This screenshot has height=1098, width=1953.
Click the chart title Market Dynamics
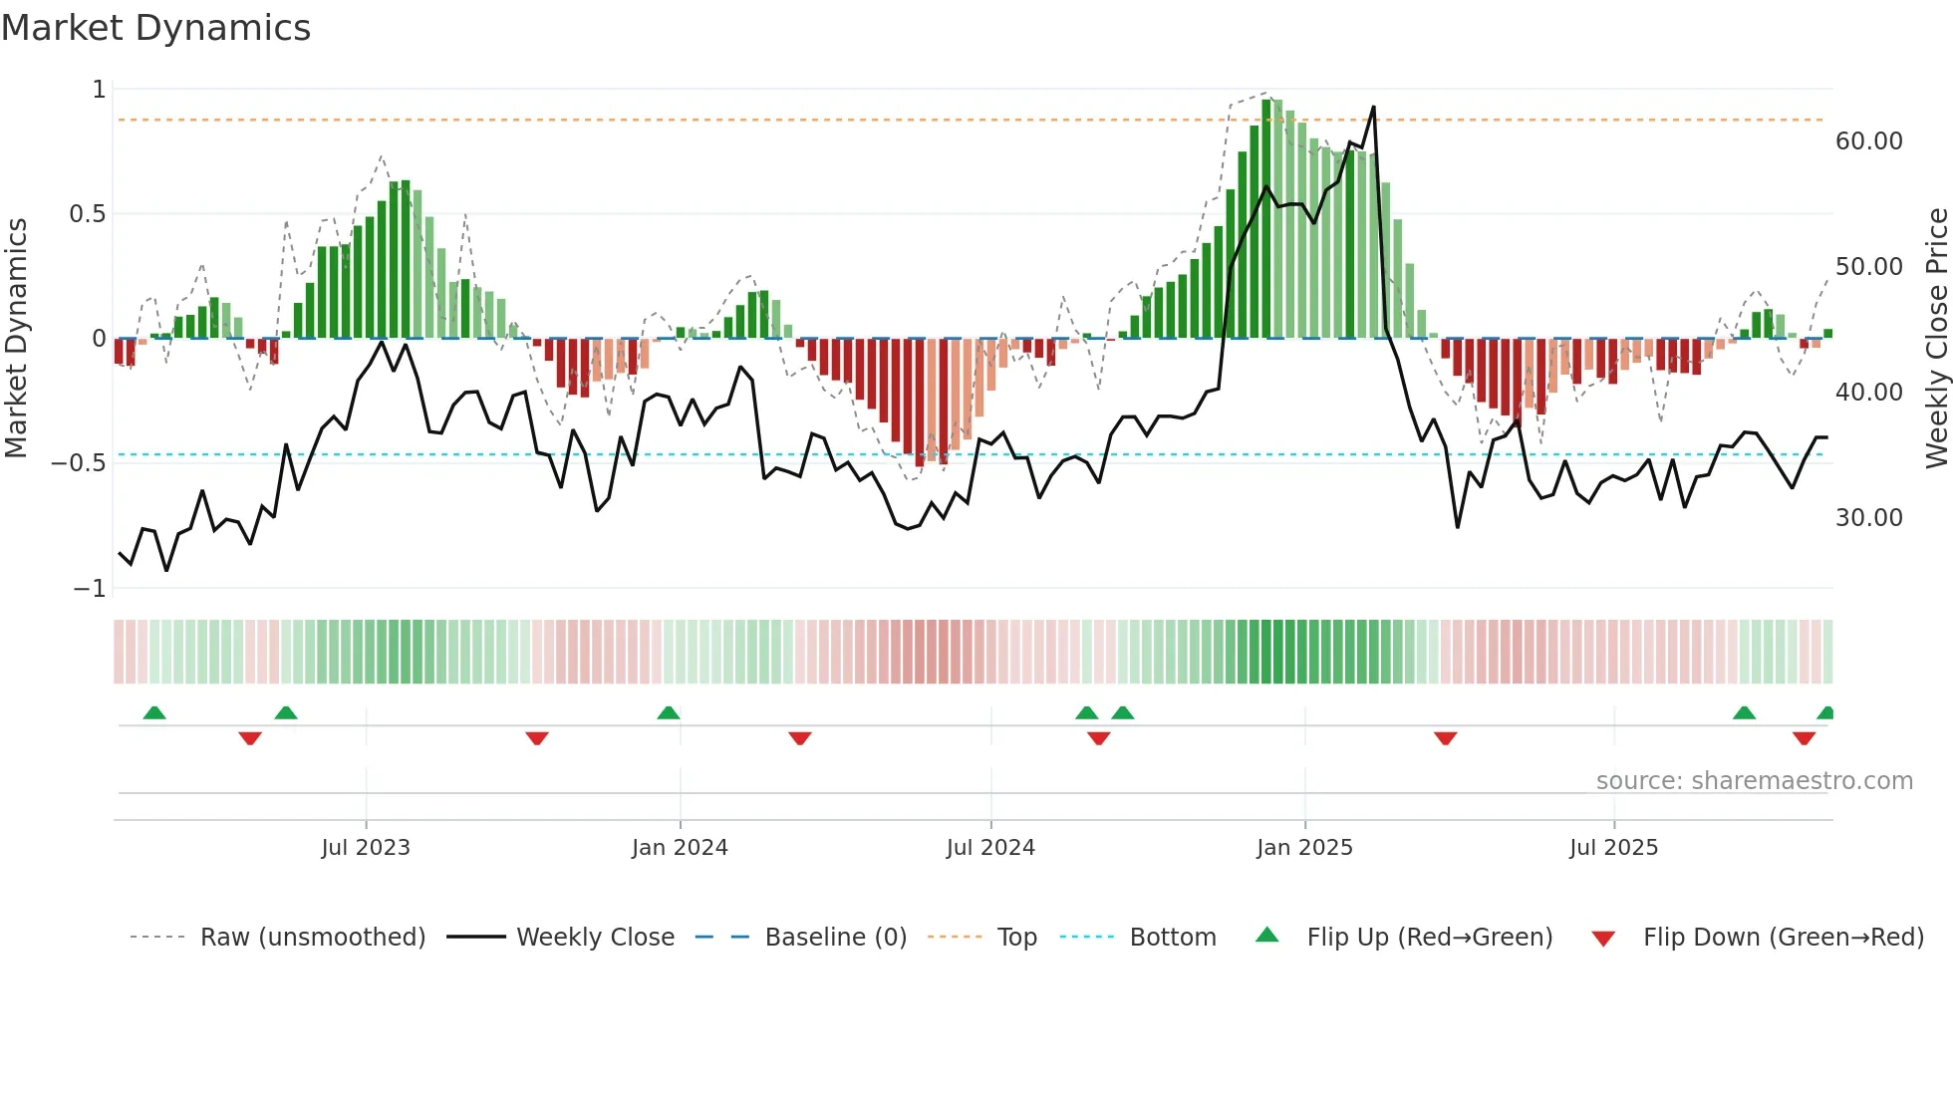tap(155, 28)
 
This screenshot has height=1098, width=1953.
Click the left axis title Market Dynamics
tap(16, 338)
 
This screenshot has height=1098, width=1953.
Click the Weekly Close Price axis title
tap(1936, 338)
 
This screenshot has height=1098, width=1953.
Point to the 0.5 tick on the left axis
tap(87, 214)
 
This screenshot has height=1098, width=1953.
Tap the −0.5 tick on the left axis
tap(79, 463)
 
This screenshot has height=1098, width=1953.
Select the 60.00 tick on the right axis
tap(1868, 141)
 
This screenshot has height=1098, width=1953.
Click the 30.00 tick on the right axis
tap(1868, 518)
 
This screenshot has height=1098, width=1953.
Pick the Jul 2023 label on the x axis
tap(366, 848)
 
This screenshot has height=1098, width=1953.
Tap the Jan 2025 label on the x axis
tap(1304, 848)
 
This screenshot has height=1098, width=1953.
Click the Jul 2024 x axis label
tap(990, 848)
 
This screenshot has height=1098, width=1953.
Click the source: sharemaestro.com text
tap(1754, 781)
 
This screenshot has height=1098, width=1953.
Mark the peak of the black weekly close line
tap(1374, 107)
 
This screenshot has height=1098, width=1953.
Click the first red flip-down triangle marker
tap(250, 738)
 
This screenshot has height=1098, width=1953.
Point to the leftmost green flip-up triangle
tap(154, 712)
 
